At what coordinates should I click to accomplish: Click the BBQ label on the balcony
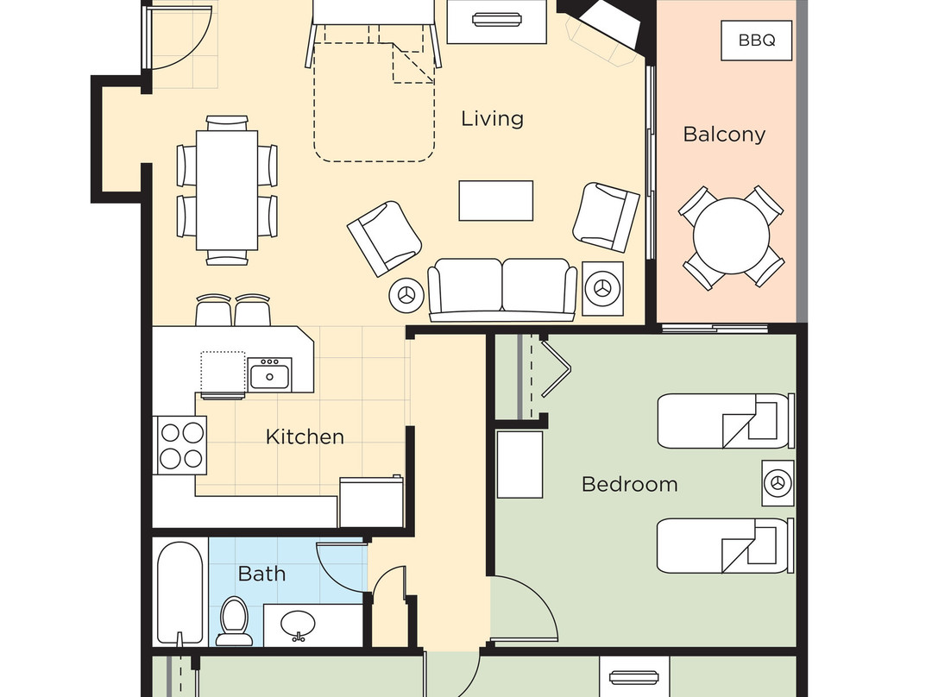(756, 41)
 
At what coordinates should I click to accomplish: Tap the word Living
(492, 119)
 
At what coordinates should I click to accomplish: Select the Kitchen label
(305, 436)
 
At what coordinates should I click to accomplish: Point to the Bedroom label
(629, 484)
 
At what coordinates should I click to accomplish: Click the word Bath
(261, 574)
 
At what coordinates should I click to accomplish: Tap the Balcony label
(724, 135)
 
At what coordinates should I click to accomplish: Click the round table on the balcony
(731, 235)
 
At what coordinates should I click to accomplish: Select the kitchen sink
(269, 375)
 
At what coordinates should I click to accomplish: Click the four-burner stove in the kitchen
(180, 445)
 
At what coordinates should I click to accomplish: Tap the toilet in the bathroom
(234, 621)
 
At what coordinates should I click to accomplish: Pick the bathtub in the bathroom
(180, 593)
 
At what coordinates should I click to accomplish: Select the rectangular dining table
(227, 190)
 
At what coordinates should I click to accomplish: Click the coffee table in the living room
(495, 201)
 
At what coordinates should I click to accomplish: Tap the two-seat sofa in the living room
(502, 290)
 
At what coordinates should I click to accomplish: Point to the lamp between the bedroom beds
(778, 482)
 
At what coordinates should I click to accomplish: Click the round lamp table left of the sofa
(406, 293)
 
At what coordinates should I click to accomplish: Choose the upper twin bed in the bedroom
(726, 420)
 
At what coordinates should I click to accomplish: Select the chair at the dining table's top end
(227, 123)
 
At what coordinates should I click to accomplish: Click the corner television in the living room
(609, 24)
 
